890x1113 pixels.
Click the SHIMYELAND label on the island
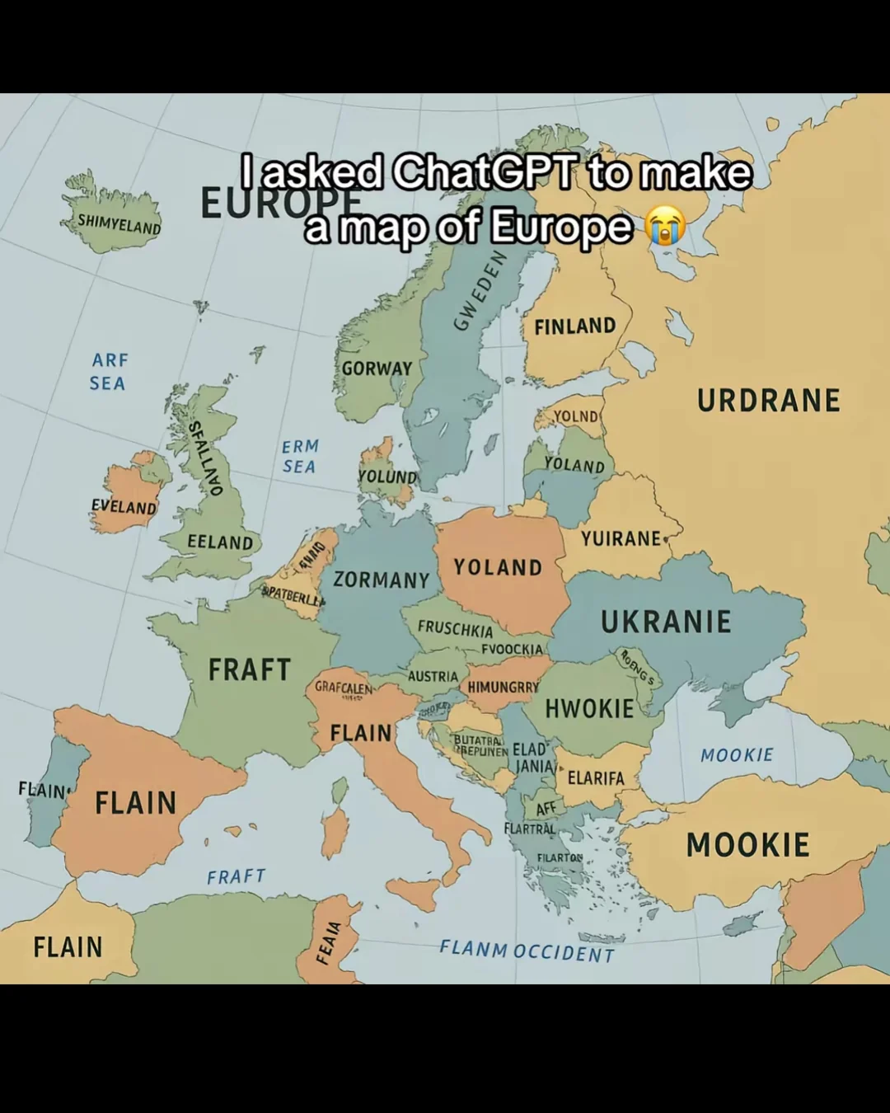tap(119, 223)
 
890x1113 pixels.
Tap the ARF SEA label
tap(108, 372)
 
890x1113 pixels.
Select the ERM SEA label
tap(300, 456)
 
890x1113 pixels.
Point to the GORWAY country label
tap(377, 369)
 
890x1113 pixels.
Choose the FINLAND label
tap(574, 326)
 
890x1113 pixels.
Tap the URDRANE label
tap(768, 401)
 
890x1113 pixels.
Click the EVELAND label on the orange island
tap(124, 506)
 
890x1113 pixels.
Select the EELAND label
tap(220, 542)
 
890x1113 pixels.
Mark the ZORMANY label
tap(381, 580)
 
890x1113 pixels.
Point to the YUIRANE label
tap(621, 539)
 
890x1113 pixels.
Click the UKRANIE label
tap(666, 622)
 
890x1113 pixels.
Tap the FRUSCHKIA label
tap(455, 628)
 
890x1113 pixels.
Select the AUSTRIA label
tap(433, 676)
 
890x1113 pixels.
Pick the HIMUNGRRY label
tap(503, 687)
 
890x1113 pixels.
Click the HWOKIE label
tap(589, 709)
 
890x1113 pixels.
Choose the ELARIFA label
tap(596, 778)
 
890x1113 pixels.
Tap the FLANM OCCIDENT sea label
tap(527, 951)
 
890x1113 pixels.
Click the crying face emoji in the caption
tap(666, 227)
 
